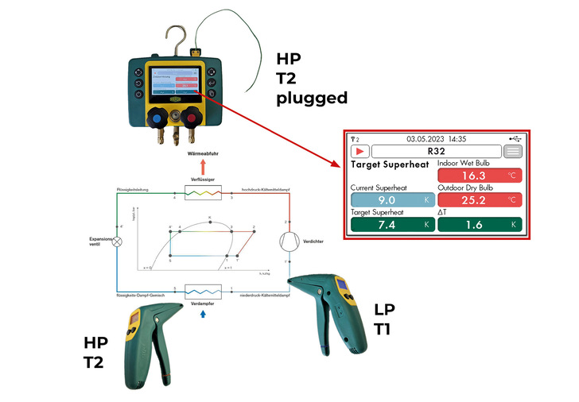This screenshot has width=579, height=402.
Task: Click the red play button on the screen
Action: pos(360,151)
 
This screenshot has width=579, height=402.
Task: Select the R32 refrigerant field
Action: pos(436,151)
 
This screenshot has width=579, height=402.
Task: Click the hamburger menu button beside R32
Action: pos(513,151)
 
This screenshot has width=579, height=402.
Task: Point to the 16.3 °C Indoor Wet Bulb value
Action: pos(480,176)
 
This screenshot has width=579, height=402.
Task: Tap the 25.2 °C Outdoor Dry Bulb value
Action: pos(480,201)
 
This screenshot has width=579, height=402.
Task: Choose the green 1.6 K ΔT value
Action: pos(480,226)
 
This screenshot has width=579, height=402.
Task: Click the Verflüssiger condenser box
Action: pos(203,191)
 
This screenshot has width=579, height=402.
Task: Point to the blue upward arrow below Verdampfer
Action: pos(204,315)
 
